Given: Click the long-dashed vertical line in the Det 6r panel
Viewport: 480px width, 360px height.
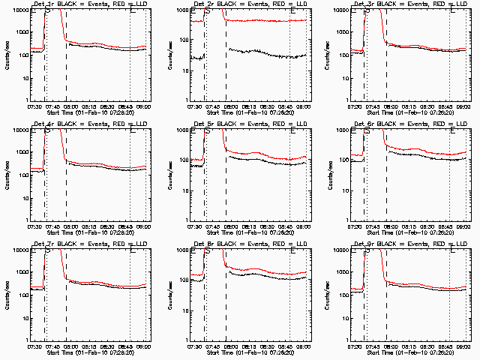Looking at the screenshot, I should pyautogui.click(x=386, y=180).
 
